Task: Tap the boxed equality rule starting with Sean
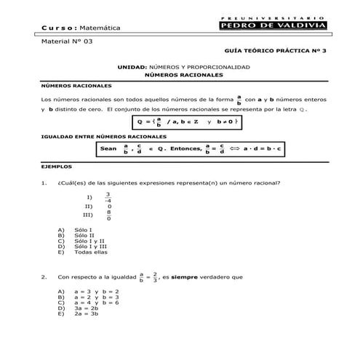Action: pyautogui.click(x=193, y=149)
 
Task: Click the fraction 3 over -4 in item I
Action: pyautogui.click(x=108, y=197)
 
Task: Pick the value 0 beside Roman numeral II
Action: pyautogui.click(x=108, y=207)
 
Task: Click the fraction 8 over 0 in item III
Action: pyautogui.click(x=108, y=215)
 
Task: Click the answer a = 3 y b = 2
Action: pyautogui.click(x=96, y=291)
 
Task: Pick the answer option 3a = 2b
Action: pyautogui.click(x=86, y=308)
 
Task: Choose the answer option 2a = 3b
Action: pyautogui.click(x=86, y=314)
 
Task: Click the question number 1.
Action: pyautogui.click(x=45, y=183)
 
